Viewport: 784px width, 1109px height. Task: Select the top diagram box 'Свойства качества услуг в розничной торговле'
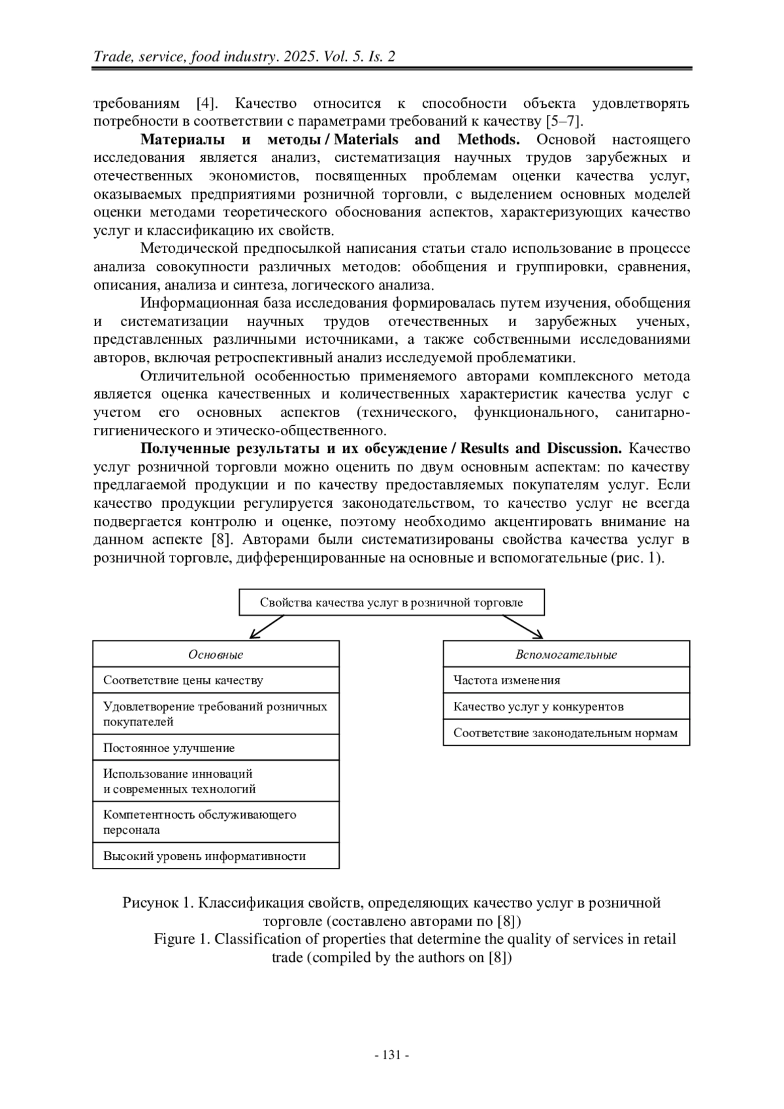391,603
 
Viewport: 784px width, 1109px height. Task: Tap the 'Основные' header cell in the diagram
216,654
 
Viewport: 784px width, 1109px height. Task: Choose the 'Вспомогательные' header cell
566,654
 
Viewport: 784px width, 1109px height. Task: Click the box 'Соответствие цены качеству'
216,680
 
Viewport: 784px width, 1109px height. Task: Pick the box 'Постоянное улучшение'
216,748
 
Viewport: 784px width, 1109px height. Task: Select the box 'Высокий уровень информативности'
216,855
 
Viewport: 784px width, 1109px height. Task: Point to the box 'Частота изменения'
566,680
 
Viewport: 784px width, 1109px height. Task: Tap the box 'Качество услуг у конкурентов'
566,706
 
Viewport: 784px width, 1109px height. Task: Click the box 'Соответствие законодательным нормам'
566,733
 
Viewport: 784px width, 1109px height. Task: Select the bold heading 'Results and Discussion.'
542,448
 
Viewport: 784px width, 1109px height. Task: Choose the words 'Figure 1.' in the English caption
184,939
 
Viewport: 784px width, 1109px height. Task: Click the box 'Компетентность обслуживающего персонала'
216,822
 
